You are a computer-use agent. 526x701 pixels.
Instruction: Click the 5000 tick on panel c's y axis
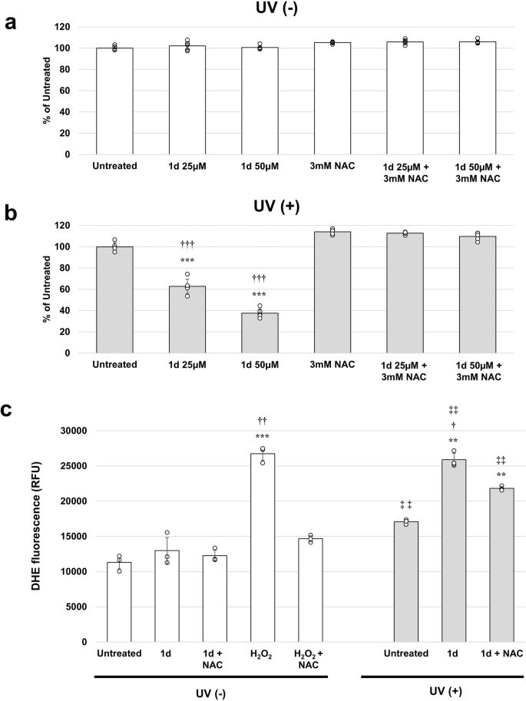pyautogui.click(x=75, y=607)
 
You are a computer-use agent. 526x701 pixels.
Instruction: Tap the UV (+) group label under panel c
pyautogui.click(x=444, y=689)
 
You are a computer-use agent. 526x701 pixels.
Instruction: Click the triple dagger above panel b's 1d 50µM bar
pyautogui.click(x=261, y=279)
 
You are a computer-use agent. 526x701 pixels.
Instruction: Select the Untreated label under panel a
pyautogui.click(x=114, y=165)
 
